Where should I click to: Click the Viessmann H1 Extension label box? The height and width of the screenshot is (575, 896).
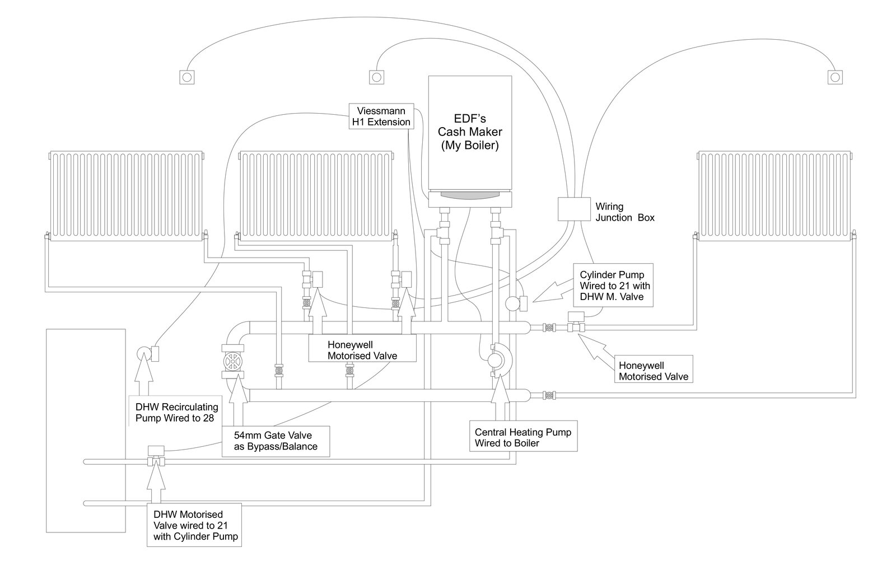[x=381, y=116]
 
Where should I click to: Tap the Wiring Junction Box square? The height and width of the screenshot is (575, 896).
[x=574, y=209]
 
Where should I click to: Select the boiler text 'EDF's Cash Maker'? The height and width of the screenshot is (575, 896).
[x=470, y=125]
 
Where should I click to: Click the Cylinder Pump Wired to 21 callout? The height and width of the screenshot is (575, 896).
[x=613, y=285]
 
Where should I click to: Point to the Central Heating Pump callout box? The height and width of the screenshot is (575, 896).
[x=523, y=436]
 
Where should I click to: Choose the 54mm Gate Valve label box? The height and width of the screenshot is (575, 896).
[x=276, y=441]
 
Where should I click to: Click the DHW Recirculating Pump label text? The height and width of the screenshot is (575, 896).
[x=176, y=412]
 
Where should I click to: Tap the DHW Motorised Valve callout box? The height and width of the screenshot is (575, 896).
[x=194, y=525]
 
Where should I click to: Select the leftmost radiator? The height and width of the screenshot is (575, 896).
[x=127, y=196]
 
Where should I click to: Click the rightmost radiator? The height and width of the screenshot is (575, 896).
[x=775, y=196]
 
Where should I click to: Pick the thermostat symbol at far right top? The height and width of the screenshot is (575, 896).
[x=835, y=77]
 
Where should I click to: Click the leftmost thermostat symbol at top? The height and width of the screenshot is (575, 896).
[x=187, y=77]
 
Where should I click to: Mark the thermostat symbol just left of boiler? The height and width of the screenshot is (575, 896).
[x=376, y=77]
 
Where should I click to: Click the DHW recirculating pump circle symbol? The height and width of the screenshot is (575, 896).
[x=143, y=353]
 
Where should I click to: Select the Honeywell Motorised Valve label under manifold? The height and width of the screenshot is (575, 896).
[x=362, y=350]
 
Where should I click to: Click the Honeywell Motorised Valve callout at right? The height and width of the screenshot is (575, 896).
[x=654, y=371]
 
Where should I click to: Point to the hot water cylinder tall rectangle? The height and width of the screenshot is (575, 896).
[x=86, y=431]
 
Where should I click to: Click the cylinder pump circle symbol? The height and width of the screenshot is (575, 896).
[x=513, y=303]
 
